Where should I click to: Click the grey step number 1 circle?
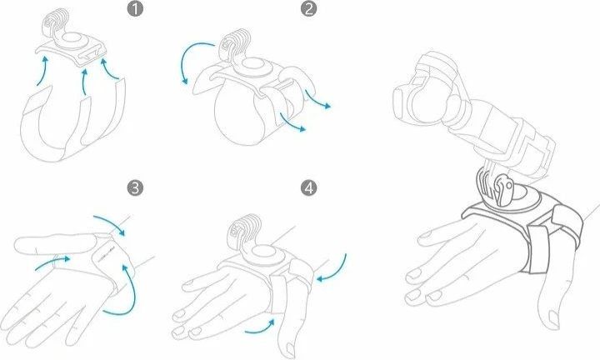pos(135,8)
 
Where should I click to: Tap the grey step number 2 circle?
pos(309,8)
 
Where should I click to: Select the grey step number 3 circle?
pos(135,187)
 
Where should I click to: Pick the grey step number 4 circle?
pos(309,187)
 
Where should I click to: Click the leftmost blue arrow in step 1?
pos(42,71)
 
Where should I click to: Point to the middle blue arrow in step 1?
pos(85,82)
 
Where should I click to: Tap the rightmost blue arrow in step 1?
pos(108,70)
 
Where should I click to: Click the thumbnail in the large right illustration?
pos(553,317)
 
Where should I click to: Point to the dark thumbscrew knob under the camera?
pos(504,188)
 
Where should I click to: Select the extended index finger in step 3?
pos(53,244)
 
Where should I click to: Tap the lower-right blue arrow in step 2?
pos(292,122)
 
